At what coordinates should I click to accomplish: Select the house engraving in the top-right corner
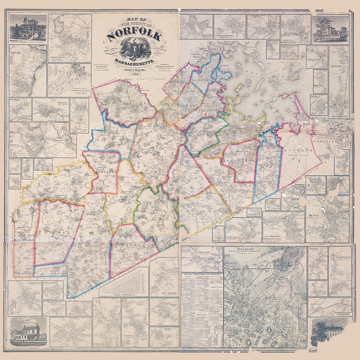tap(330, 29)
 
